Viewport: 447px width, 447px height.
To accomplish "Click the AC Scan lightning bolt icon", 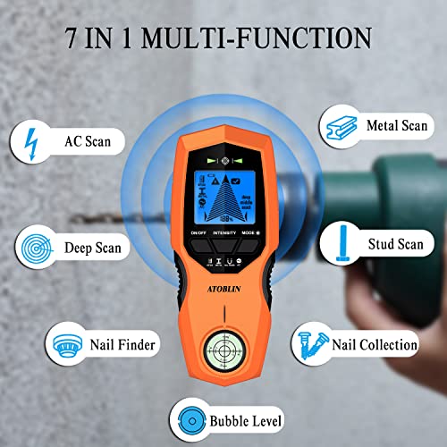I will click(x=33, y=144).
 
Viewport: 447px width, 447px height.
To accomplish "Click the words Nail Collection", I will click(x=375, y=344).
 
